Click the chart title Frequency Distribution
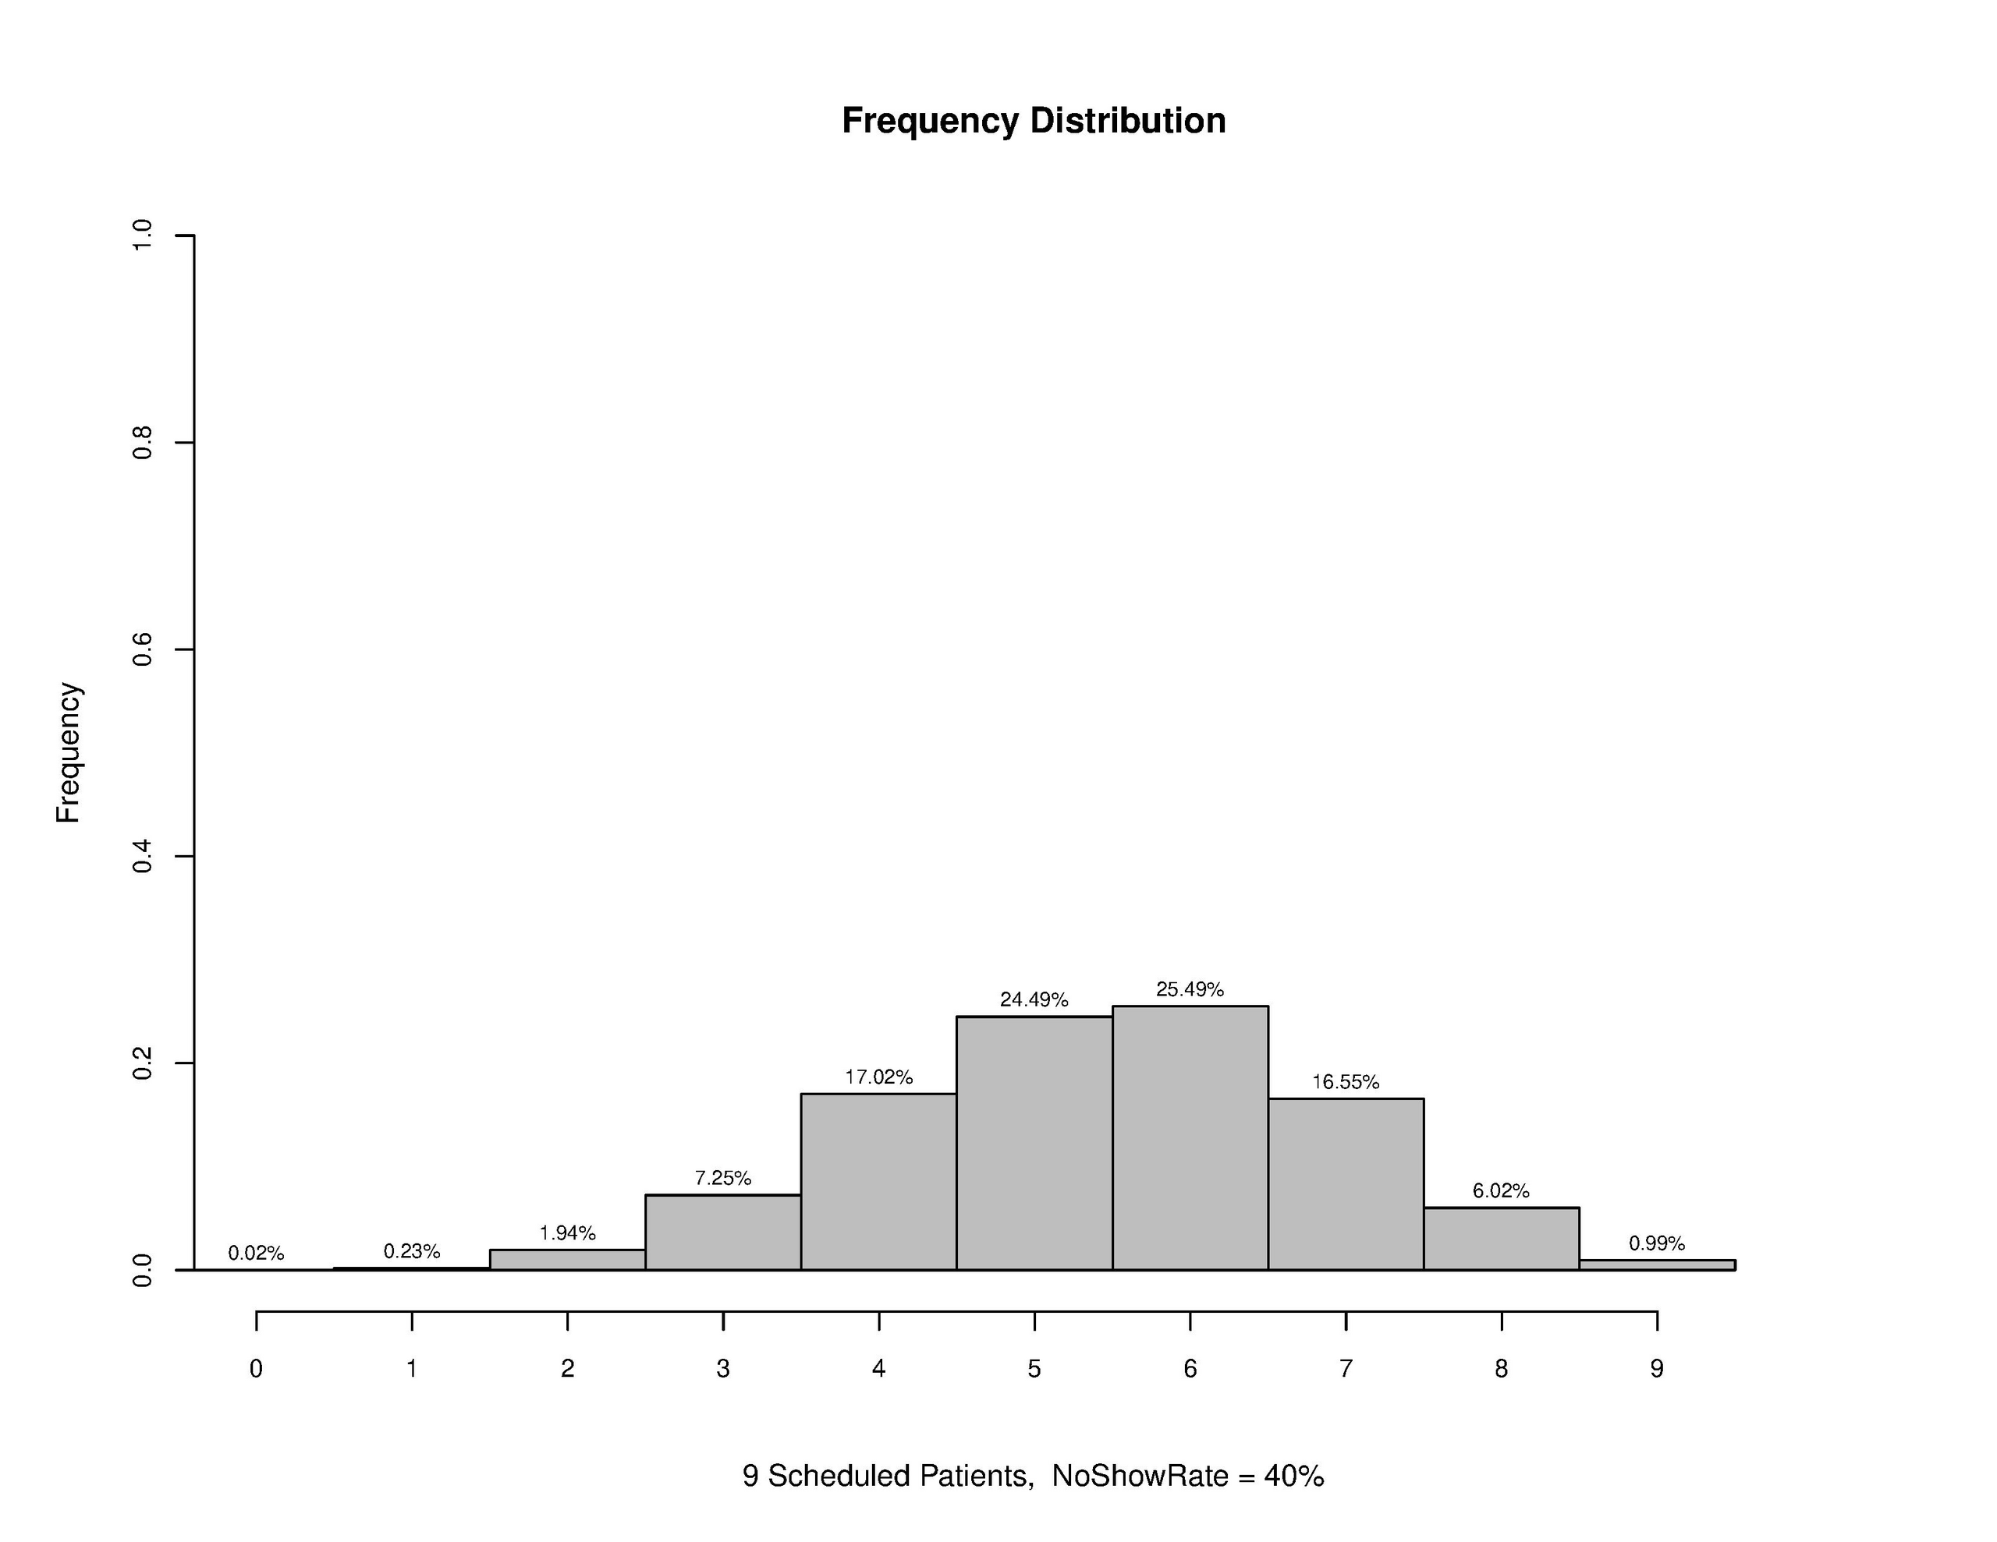[x=1034, y=121]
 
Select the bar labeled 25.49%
[x=1190, y=1138]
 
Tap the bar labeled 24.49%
[x=1034, y=1144]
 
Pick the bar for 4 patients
[x=878, y=1182]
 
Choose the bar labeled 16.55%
[x=1345, y=1183]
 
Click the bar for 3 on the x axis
[x=723, y=1233]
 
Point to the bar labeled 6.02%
[x=1501, y=1239]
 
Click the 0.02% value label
[x=256, y=1253]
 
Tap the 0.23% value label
[x=411, y=1251]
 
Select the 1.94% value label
[x=567, y=1233]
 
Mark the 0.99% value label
[x=1656, y=1243]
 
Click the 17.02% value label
[x=878, y=1077]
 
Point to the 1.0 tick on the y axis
[x=143, y=236]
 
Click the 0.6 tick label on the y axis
[x=143, y=650]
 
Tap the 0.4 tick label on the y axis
[x=143, y=857]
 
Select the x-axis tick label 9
[x=1657, y=1368]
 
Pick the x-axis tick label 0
[x=256, y=1368]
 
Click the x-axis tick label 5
[x=1034, y=1368]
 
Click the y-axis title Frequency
[x=69, y=752]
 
